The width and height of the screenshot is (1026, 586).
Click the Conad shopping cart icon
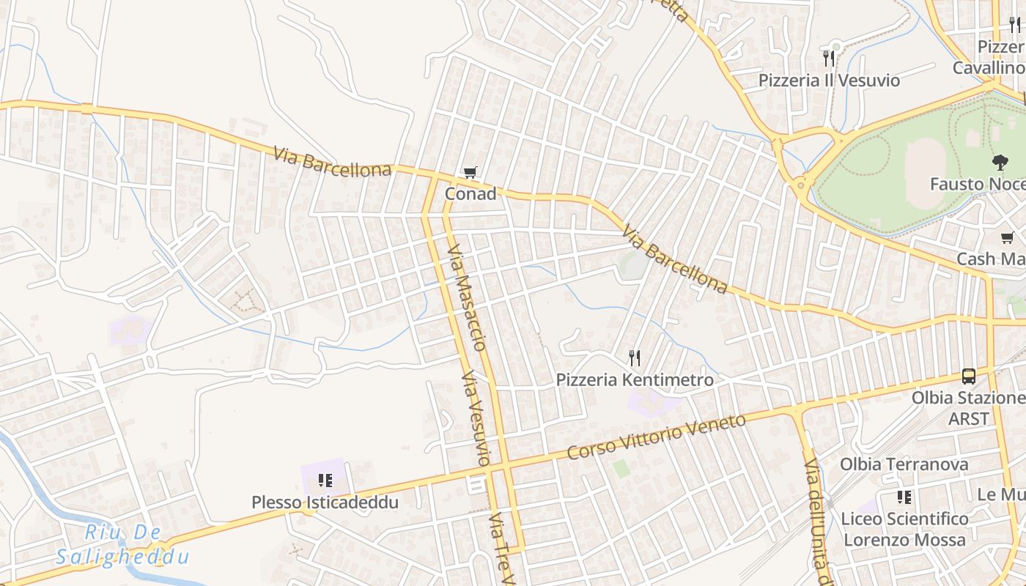[x=470, y=173]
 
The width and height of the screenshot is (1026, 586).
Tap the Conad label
[x=470, y=194]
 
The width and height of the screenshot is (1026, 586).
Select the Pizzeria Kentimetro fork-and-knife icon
[x=635, y=358]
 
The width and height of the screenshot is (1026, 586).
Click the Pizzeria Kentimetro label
[x=635, y=380]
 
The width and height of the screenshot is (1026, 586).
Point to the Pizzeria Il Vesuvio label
[x=829, y=80]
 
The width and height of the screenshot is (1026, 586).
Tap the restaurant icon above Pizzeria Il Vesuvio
[x=829, y=58]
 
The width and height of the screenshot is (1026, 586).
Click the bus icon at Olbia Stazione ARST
[x=969, y=377]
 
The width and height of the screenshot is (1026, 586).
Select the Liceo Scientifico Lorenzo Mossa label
[x=904, y=530]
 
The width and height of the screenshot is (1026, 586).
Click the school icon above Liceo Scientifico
[x=904, y=497]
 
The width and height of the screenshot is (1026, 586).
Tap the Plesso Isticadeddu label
[x=325, y=502]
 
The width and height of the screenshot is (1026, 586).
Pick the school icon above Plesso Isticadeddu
[x=325, y=481]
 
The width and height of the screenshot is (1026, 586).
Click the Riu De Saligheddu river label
[x=123, y=545]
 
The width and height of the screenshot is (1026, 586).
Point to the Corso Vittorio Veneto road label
[x=657, y=437]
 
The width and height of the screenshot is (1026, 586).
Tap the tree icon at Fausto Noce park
[x=999, y=162]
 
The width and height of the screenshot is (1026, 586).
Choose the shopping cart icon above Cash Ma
[x=1008, y=237]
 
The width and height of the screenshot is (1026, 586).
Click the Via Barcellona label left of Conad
[x=333, y=162]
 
